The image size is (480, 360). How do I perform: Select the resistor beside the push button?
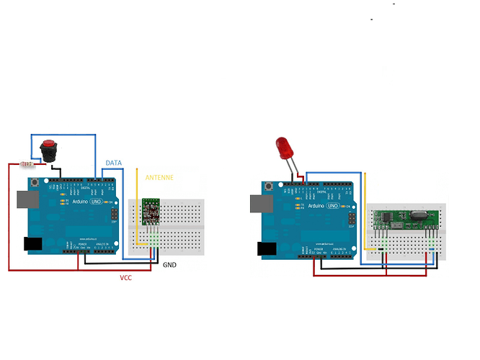28,164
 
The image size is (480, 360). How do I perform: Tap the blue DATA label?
113,163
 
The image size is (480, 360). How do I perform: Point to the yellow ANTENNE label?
159,176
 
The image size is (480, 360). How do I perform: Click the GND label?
169,265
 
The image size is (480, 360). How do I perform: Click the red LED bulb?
283,148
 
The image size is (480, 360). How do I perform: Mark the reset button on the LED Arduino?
270,188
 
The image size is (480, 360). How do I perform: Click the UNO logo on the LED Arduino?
333,206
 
